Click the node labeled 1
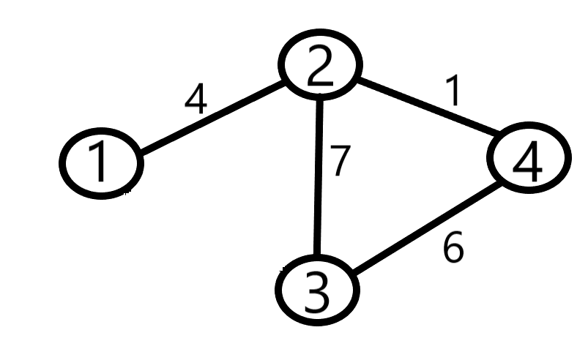(100, 163)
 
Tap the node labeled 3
(317, 290)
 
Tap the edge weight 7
(340, 162)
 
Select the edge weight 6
(453, 250)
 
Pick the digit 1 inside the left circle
(100, 164)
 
